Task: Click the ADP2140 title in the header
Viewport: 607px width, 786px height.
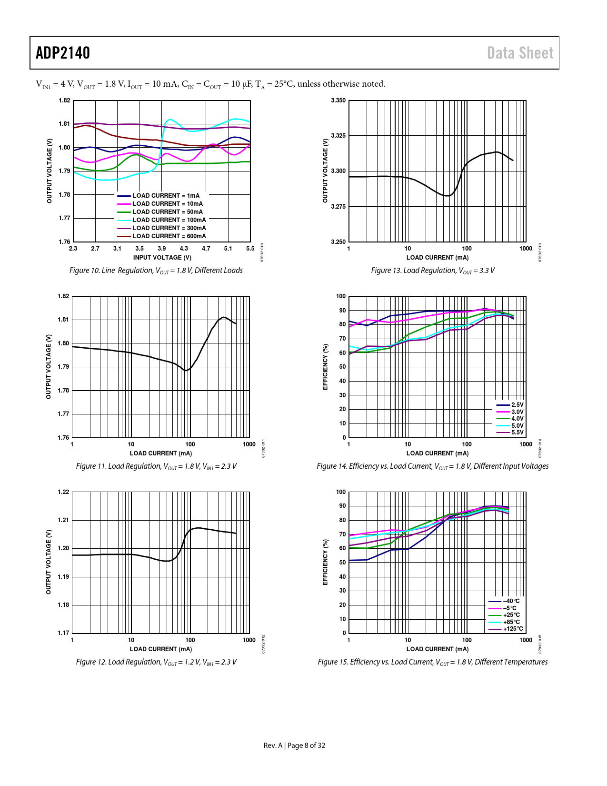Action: (x=63, y=53)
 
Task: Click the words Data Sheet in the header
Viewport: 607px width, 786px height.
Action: (x=520, y=53)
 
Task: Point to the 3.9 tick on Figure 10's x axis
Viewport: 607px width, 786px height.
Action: (x=162, y=249)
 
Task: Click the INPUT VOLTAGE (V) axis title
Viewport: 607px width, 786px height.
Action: (x=162, y=258)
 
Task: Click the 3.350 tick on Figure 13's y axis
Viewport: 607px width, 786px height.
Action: (x=338, y=101)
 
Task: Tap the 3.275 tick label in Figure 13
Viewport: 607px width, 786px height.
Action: (x=338, y=207)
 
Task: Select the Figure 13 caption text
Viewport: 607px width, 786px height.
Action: (x=433, y=271)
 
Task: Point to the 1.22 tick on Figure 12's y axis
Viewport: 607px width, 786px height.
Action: (x=63, y=492)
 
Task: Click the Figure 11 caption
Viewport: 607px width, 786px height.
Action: (x=156, y=466)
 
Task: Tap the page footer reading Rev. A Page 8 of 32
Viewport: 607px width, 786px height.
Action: (x=294, y=746)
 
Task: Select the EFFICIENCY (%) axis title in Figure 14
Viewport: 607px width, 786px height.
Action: (x=326, y=367)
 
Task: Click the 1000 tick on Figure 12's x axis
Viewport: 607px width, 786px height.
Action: (x=249, y=640)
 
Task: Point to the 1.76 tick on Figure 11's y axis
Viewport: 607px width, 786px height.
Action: (x=63, y=438)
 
